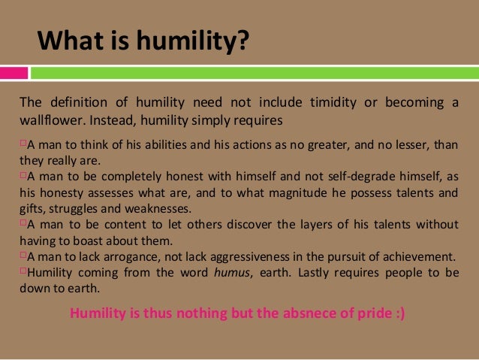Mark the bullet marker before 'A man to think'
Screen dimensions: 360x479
pos(22,144)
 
